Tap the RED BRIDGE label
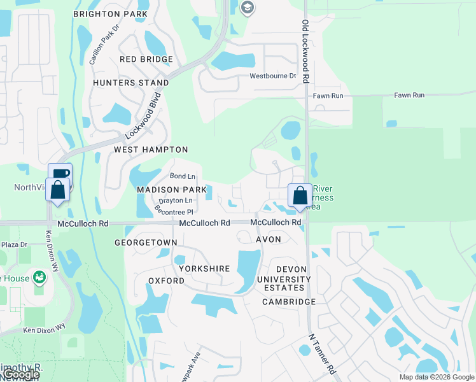click(x=146, y=59)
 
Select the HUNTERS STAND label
click(x=131, y=83)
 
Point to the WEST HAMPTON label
click(x=151, y=150)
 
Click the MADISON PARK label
click(x=172, y=190)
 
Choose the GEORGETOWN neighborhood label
click(x=146, y=243)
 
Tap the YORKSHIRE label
click(x=204, y=269)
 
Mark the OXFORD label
click(x=166, y=281)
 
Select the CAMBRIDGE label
click(x=289, y=302)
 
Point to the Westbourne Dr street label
click(x=273, y=76)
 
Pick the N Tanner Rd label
click(x=322, y=353)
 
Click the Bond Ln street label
click(x=183, y=176)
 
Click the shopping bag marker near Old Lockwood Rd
click(x=299, y=195)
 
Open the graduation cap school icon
click(x=248, y=8)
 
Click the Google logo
click(x=22, y=375)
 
